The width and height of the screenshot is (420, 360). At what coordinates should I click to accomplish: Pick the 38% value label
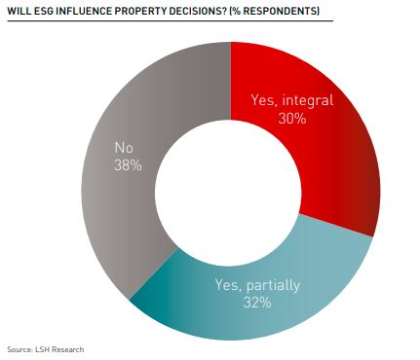click(x=126, y=165)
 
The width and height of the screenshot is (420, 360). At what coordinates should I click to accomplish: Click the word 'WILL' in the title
click(x=19, y=11)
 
